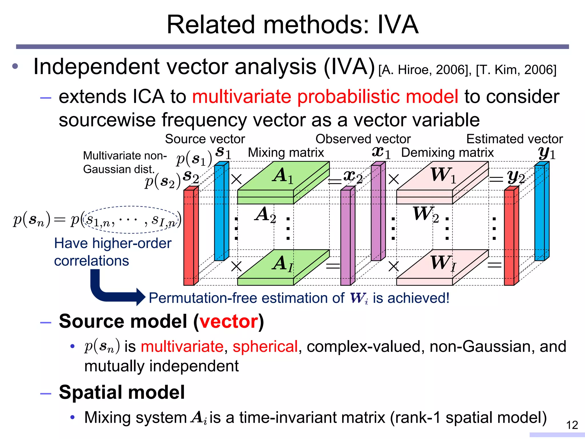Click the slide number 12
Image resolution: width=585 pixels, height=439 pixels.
(x=572, y=425)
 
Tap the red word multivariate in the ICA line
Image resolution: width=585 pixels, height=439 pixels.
(x=241, y=97)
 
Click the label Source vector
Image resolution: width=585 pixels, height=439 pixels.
(x=205, y=139)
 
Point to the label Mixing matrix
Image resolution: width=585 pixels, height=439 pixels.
(x=286, y=153)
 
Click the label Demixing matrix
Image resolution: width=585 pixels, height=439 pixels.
(x=447, y=153)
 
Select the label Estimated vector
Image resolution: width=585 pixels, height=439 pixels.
(x=514, y=139)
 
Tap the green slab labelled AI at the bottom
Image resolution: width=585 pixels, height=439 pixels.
(x=283, y=266)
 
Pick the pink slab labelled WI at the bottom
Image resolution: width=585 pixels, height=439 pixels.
(x=442, y=266)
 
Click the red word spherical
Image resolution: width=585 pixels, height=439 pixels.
(x=265, y=347)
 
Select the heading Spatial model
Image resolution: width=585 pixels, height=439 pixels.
(x=122, y=392)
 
